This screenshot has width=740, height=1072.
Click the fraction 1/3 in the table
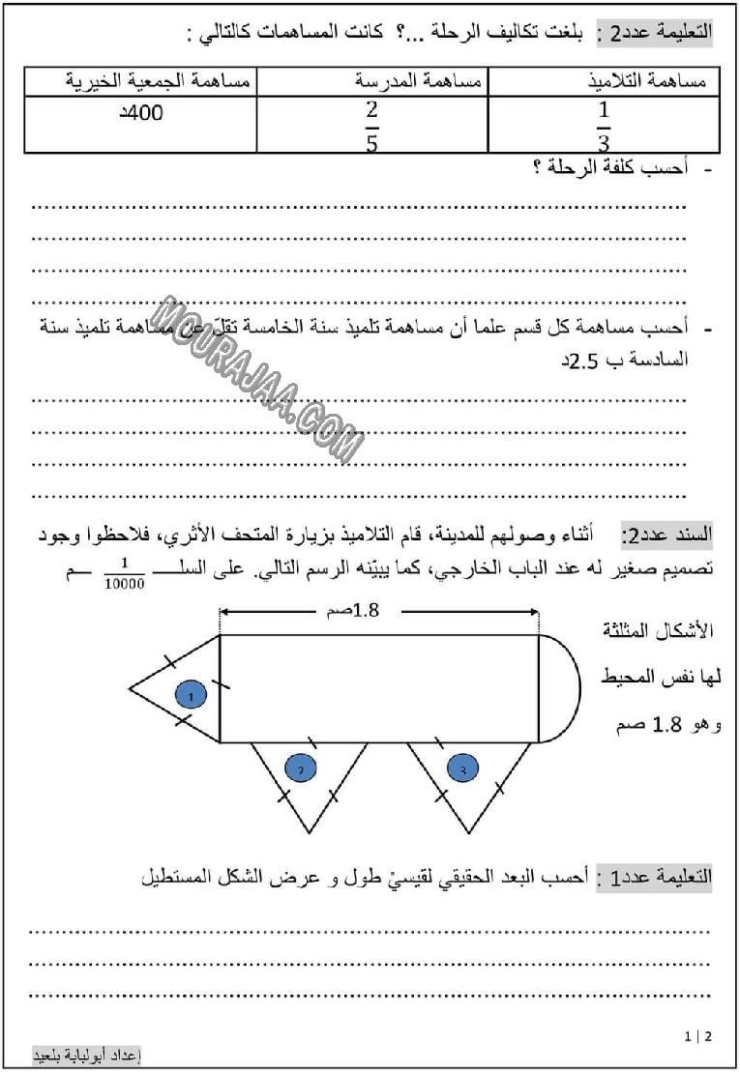coord(604,127)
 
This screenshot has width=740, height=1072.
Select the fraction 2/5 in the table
coord(371,127)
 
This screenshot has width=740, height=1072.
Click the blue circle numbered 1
coord(191,694)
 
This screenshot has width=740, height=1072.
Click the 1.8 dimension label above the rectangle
coord(340,610)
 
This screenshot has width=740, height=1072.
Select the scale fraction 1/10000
coord(125,576)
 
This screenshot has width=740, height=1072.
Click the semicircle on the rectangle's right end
coord(560,688)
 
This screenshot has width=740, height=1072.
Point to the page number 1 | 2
coord(696,1036)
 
